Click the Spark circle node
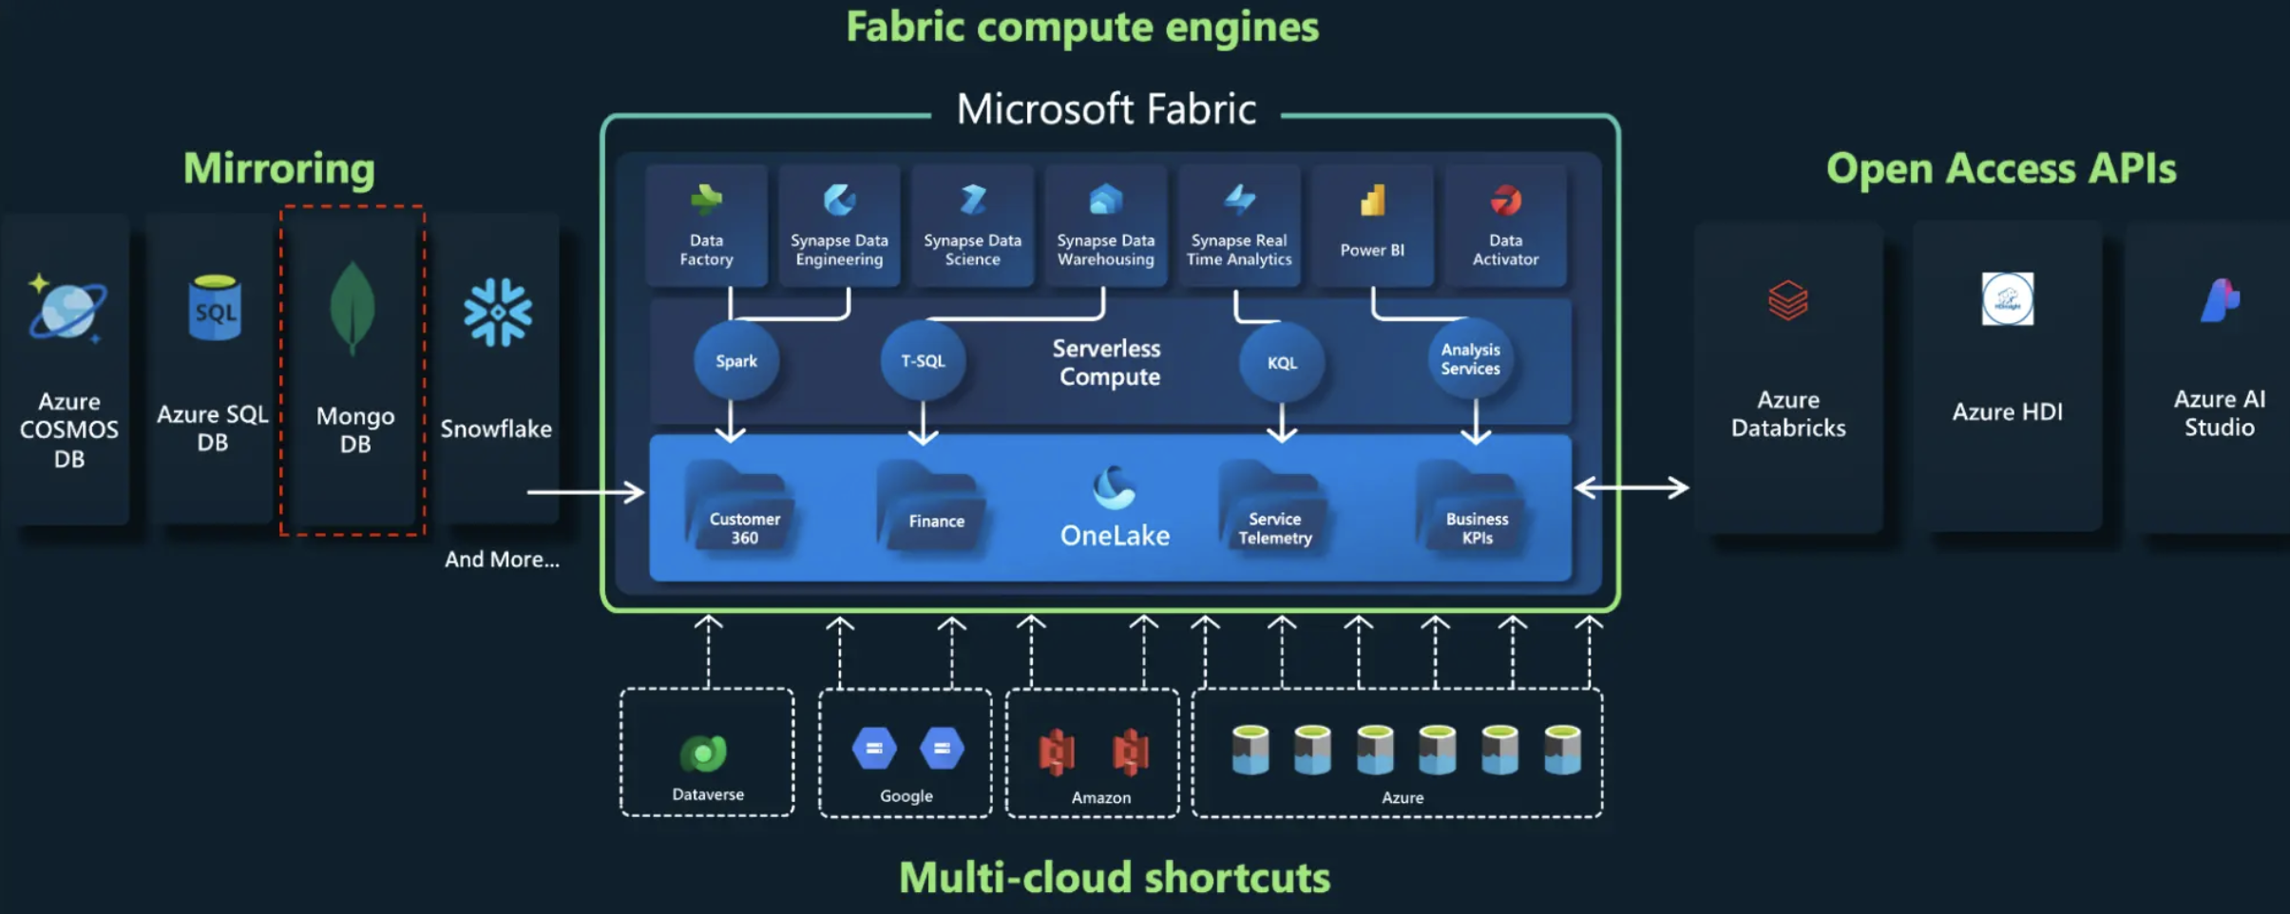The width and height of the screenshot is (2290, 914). point(736,361)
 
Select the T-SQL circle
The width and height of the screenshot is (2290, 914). point(923,361)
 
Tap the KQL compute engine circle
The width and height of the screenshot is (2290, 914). point(1282,362)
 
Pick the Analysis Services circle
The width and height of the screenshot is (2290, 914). point(1470,359)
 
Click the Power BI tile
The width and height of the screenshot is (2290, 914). point(1372,226)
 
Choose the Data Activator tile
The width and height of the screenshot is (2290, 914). point(1505,226)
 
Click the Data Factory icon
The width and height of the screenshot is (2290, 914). point(706,200)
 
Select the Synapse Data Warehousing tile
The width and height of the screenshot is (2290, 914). point(1105,226)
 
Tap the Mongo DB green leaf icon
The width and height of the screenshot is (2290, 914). point(353,308)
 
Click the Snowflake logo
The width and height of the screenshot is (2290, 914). point(497,312)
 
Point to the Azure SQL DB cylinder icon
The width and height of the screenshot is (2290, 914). point(214,307)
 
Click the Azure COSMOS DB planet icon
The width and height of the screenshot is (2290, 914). point(67,309)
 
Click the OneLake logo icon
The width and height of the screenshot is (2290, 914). point(1114,487)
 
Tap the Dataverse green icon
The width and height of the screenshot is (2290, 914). point(704,753)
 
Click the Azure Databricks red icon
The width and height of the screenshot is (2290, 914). point(1787,300)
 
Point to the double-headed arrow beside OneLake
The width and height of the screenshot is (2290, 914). point(1631,488)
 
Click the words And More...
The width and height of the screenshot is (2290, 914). point(502,560)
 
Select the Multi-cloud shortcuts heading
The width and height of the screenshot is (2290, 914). point(1114,877)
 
